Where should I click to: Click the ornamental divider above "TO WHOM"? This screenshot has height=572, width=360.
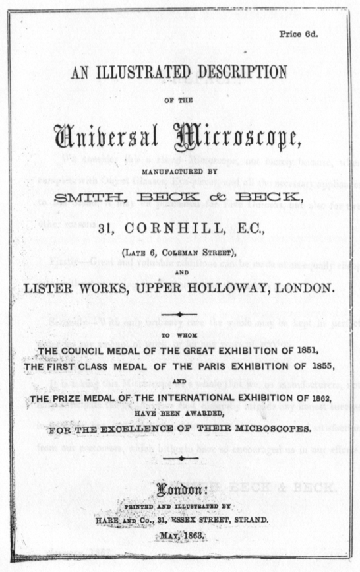tap(180, 315)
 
